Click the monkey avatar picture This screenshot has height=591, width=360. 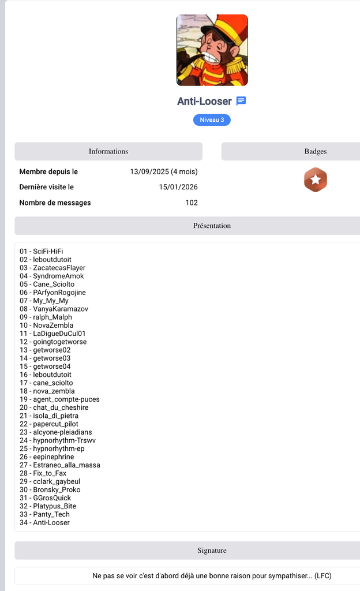pyautogui.click(x=212, y=50)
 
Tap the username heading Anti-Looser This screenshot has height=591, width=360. pyautogui.click(x=204, y=102)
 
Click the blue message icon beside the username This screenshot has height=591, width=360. pyautogui.click(x=241, y=101)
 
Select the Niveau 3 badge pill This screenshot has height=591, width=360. pyautogui.click(x=212, y=120)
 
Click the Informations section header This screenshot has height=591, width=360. pyautogui.click(x=108, y=151)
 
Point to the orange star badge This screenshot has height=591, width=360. pyautogui.click(x=315, y=180)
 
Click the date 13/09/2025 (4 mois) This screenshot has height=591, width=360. pyautogui.click(x=164, y=171)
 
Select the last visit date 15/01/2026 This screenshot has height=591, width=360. pyautogui.click(x=178, y=187)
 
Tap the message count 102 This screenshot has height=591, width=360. pyautogui.click(x=192, y=203)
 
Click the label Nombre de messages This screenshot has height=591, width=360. pyautogui.click(x=55, y=203)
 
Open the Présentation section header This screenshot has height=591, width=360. pyautogui.click(x=212, y=226)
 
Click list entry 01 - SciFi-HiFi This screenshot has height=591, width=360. pyautogui.click(x=42, y=251)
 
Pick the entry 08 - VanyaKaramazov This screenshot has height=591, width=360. pyautogui.click(x=54, y=309)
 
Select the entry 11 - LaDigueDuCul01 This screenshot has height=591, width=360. pyautogui.click(x=52, y=334)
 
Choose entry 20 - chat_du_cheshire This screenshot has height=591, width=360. pyautogui.click(x=54, y=407)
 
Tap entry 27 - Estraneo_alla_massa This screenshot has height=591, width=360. pyautogui.click(x=59, y=465)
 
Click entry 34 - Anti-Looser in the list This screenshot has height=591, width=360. pyautogui.click(x=44, y=522)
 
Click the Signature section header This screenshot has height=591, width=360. pyautogui.click(x=212, y=551)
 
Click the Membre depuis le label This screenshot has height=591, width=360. pyautogui.click(x=48, y=171)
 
